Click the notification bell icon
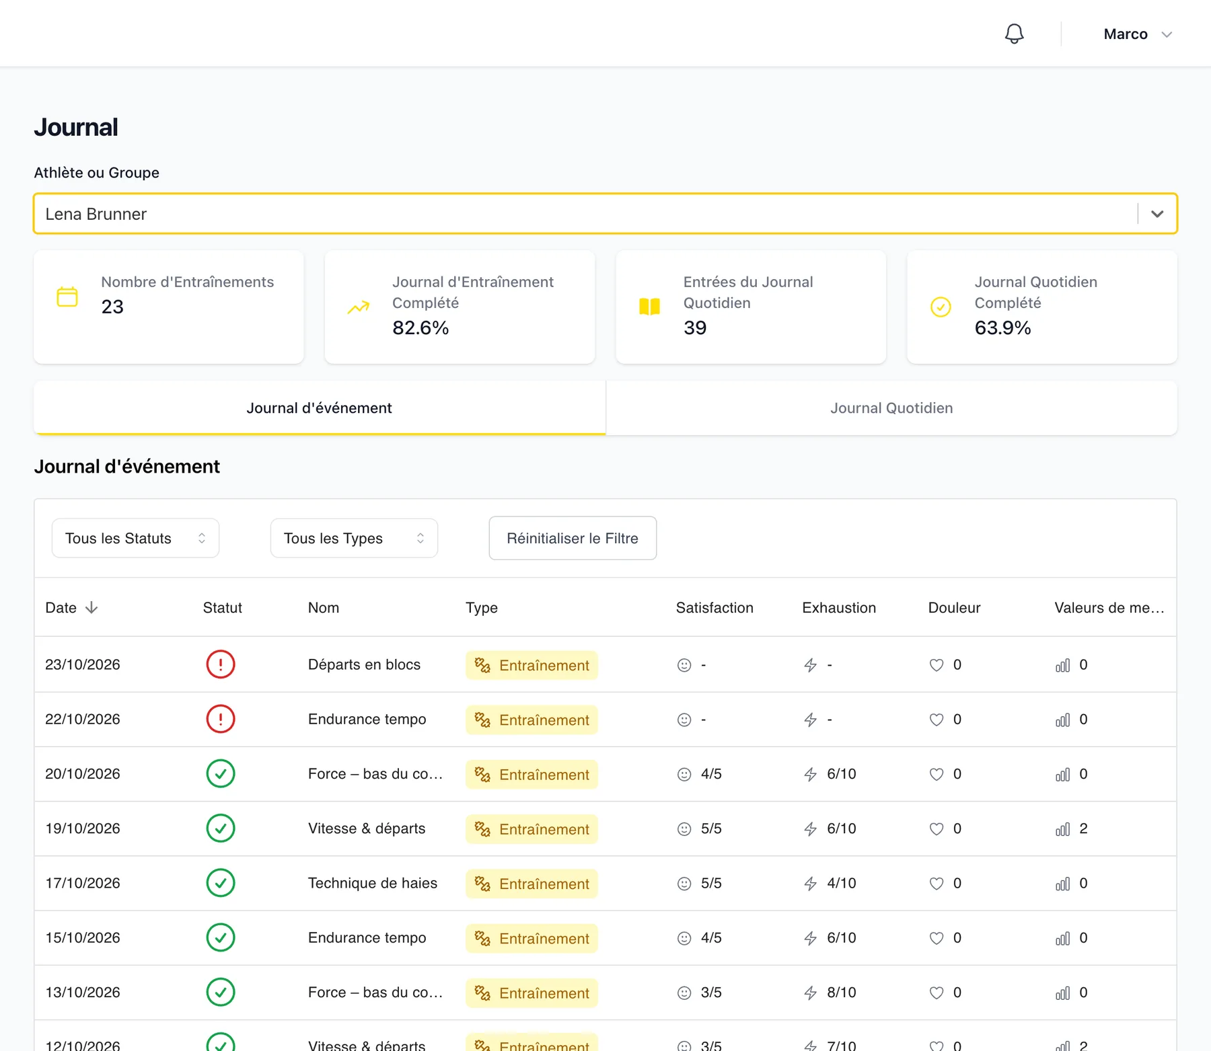click(x=1014, y=34)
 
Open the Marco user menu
click(x=1138, y=34)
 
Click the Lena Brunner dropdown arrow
click(x=1157, y=214)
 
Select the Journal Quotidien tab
click(x=891, y=408)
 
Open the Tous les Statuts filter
click(x=135, y=538)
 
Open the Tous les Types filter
click(x=354, y=538)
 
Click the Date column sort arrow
click(x=91, y=608)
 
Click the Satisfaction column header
click(x=714, y=608)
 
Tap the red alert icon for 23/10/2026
click(x=221, y=664)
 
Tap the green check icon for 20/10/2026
click(x=221, y=774)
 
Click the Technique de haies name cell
click(x=373, y=883)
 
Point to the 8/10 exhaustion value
click(x=842, y=992)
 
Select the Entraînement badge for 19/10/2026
click(x=531, y=829)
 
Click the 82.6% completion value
click(x=420, y=327)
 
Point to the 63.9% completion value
click(x=1002, y=327)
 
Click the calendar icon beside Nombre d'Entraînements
click(x=67, y=297)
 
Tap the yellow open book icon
click(x=649, y=307)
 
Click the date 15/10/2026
click(x=83, y=938)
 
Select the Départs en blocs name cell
click(x=364, y=664)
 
